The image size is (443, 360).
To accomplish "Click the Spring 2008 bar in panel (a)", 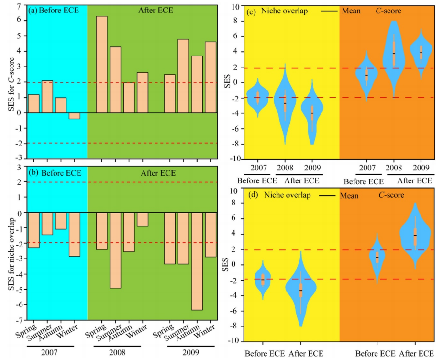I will (101, 65).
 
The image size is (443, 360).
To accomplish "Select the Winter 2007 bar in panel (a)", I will (75, 116).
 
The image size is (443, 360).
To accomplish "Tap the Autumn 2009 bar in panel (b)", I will (197, 261).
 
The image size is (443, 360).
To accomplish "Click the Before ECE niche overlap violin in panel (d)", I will (262, 280).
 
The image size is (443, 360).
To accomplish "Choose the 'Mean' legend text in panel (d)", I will (349, 195).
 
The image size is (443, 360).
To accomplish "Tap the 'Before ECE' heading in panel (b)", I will (58, 172).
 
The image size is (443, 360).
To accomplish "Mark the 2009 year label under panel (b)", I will (190, 353).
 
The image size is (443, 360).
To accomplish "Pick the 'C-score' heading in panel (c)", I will (388, 11).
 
